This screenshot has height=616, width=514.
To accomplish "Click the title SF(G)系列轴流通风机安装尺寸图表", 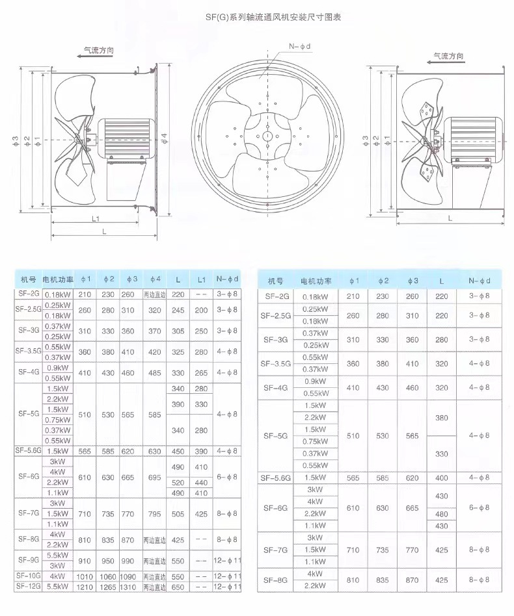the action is pyautogui.click(x=273, y=17).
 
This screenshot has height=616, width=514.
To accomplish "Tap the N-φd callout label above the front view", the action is pyautogui.click(x=300, y=46).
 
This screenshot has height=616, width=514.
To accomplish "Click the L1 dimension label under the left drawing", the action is pyautogui.click(x=96, y=219).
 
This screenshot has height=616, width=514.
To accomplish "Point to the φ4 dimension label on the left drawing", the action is pyautogui.click(x=165, y=138).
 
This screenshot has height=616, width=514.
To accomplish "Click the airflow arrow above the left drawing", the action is pyautogui.click(x=95, y=56).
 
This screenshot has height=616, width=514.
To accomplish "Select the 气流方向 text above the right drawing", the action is pyautogui.click(x=449, y=56).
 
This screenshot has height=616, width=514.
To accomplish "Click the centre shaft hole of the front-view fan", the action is pyautogui.click(x=268, y=136).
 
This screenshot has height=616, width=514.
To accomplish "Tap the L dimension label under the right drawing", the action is pyautogui.click(x=450, y=218).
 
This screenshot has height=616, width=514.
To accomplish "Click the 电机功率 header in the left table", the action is pyautogui.click(x=58, y=279).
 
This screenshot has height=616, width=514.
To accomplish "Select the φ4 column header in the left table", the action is pyautogui.click(x=155, y=279).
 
